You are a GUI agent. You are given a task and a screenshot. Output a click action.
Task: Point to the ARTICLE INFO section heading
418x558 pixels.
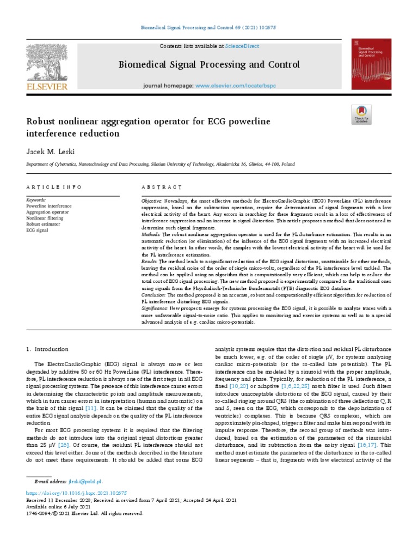pos(48,187)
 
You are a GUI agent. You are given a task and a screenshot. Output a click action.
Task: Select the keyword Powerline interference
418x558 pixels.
pos(48,207)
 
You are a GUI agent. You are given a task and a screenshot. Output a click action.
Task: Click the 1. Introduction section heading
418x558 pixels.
pos(48,349)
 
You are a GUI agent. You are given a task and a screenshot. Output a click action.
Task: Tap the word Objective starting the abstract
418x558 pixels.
pos(151,201)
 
